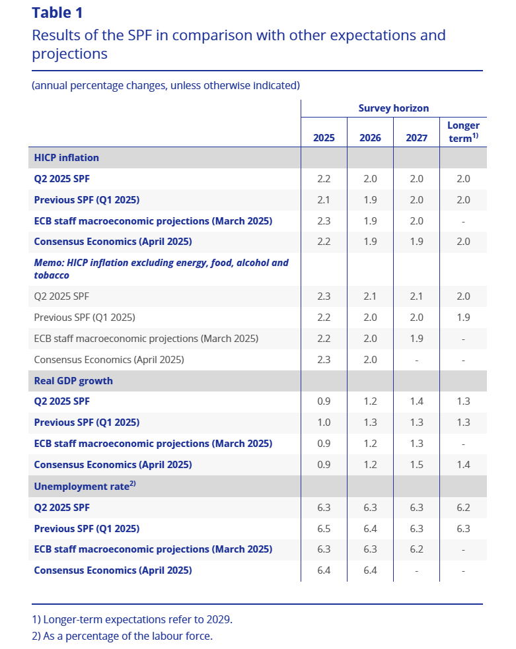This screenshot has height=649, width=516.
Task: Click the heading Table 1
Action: tap(57, 13)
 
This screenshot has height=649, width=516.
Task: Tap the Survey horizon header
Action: tap(393, 108)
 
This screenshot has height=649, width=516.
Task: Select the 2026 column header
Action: tap(370, 138)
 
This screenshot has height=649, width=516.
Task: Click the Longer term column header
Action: tap(463, 131)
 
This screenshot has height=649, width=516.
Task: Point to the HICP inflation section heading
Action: tap(67, 158)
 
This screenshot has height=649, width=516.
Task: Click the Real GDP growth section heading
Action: tap(73, 381)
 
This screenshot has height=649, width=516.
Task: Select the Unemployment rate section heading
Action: tap(85, 486)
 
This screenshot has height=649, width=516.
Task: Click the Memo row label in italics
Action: tap(161, 269)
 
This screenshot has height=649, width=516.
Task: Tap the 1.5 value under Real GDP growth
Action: tap(416, 465)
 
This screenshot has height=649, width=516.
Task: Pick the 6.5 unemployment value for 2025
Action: tap(324, 528)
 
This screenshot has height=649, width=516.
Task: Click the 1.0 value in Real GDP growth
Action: tap(324, 423)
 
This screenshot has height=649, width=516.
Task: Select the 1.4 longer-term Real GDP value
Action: tap(463, 465)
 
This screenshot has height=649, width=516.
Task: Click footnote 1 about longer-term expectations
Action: tap(132, 620)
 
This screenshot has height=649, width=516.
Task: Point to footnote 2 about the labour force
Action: tap(123, 636)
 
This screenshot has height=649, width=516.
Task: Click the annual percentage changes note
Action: tap(166, 85)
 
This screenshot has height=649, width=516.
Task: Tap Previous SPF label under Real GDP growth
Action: tap(87, 423)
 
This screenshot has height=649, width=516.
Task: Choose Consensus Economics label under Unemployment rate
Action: tap(113, 570)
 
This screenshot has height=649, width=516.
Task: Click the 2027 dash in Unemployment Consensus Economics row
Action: tap(416, 570)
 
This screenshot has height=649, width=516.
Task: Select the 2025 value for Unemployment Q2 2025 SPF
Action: tap(324, 507)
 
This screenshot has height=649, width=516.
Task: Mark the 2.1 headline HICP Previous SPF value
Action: tap(324, 200)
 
